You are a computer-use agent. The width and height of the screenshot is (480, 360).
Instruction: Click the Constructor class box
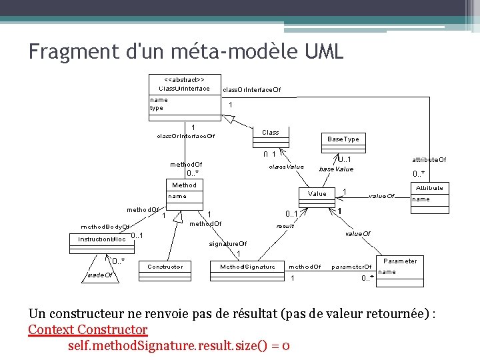click(x=165, y=267)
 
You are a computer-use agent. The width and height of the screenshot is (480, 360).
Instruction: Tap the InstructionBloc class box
click(x=99, y=238)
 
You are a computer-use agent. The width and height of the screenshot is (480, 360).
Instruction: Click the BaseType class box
click(x=343, y=139)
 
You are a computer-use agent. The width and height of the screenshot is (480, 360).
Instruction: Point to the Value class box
click(x=317, y=194)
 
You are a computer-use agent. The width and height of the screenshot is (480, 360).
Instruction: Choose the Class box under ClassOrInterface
click(x=270, y=132)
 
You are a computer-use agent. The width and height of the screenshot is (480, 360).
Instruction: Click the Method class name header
click(x=184, y=185)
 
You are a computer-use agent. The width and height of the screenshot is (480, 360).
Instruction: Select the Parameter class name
click(x=400, y=261)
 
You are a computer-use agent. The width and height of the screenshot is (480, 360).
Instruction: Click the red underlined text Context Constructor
click(x=87, y=329)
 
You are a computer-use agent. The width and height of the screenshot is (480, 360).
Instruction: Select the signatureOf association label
click(x=228, y=244)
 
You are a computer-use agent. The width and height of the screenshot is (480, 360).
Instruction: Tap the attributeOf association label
click(x=429, y=160)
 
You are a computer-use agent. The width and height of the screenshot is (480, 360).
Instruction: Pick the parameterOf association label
click(x=351, y=267)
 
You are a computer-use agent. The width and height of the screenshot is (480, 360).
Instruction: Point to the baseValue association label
click(x=336, y=169)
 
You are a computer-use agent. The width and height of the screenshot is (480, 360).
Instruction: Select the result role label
click(x=285, y=226)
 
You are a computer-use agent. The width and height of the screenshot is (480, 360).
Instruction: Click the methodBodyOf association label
click(x=105, y=227)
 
